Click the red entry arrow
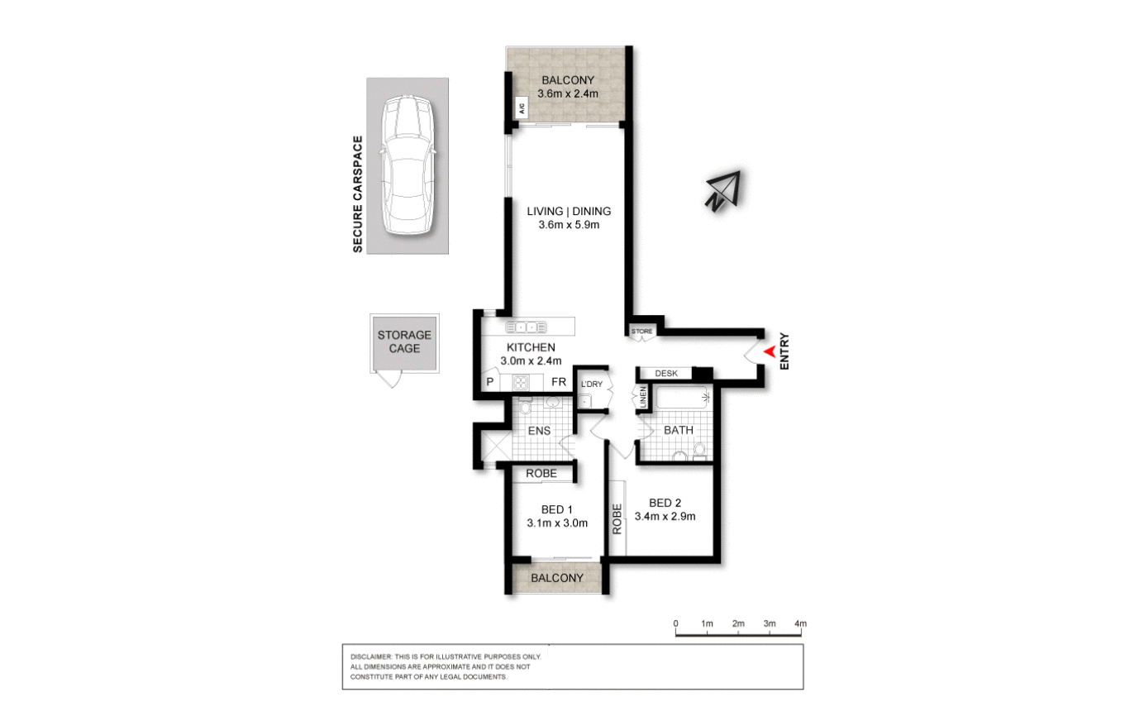[768, 352]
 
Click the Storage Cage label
[404, 341]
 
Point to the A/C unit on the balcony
[522, 107]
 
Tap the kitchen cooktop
[522, 382]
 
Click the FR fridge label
[560, 382]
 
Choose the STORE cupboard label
[642, 332]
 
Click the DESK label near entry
[666, 374]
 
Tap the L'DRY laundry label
[591, 384]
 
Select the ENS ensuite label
[538, 431]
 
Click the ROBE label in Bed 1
[542, 474]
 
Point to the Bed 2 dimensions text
[665, 517]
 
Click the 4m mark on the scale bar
[800, 623]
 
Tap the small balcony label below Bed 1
[558, 578]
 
